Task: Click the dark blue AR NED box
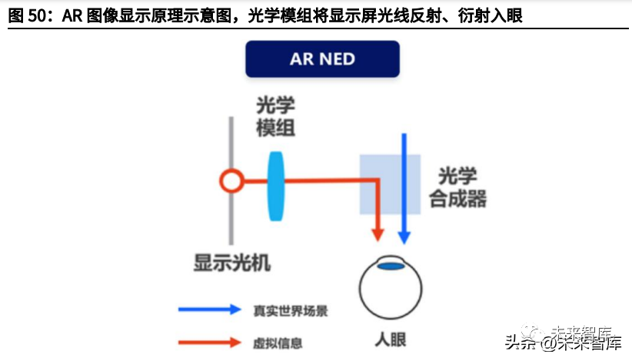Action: [x=322, y=59]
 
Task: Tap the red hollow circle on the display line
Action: [x=231, y=182]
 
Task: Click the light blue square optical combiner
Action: [x=390, y=185]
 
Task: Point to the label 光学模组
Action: [x=276, y=117]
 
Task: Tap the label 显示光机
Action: [x=232, y=263]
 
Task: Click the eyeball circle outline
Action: [x=361, y=289]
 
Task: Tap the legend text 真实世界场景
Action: [x=291, y=311]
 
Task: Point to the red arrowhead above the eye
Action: [x=378, y=233]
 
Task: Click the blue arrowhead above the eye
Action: [x=402, y=236]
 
